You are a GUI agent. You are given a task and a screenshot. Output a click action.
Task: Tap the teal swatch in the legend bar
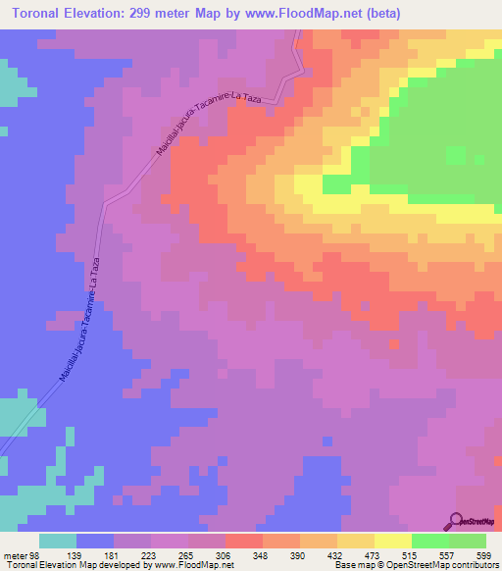(58, 541)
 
